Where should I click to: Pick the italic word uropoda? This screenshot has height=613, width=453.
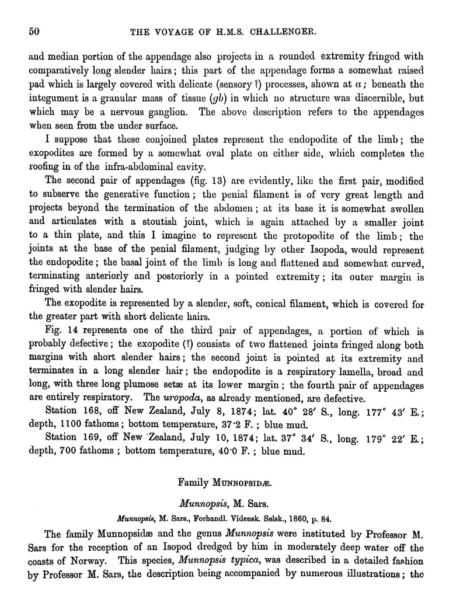click(x=195, y=399)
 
